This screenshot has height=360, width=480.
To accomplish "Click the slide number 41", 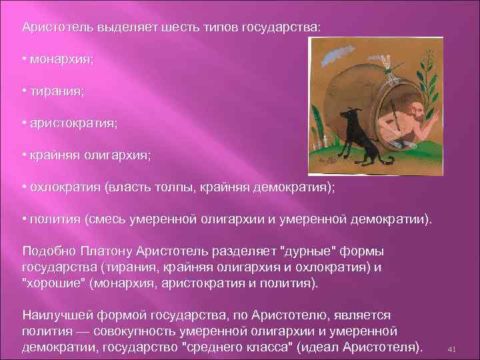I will click(451, 349).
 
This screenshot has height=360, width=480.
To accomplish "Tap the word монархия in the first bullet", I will click(61, 59).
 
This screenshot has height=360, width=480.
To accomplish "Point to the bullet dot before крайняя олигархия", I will click(23, 155).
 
